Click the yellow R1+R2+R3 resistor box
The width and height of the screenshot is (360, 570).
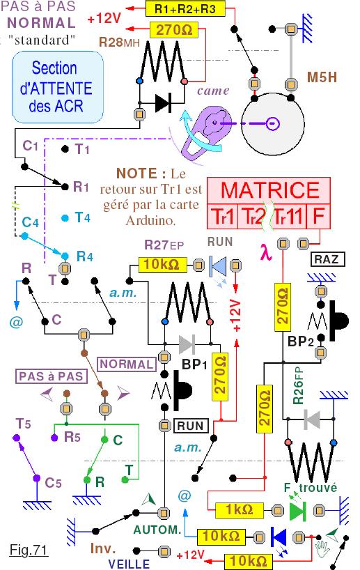click(185, 8)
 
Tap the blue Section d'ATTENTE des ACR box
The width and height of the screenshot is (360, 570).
click(58, 87)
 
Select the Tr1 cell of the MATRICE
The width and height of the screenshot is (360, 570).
click(222, 216)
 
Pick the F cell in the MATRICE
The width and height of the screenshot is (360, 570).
click(319, 216)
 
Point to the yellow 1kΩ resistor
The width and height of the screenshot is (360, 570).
click(239, 510)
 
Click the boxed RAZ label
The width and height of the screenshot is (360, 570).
click(327, 259)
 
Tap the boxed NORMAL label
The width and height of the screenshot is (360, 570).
click(127, 364)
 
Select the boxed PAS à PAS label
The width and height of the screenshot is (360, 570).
click(52, 376)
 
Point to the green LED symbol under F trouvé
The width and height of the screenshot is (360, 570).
click(298, 510)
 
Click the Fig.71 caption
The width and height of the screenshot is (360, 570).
click(29, 550)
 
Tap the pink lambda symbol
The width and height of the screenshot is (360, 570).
click(266, 253)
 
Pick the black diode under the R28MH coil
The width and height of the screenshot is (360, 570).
click(162, 103)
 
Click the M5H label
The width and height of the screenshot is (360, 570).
click(322, 77)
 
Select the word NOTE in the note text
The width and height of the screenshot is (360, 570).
click(137, 174)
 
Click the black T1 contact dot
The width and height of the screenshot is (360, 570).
click(65, 148)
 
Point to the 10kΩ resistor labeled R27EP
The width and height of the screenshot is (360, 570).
click(162, 265)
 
